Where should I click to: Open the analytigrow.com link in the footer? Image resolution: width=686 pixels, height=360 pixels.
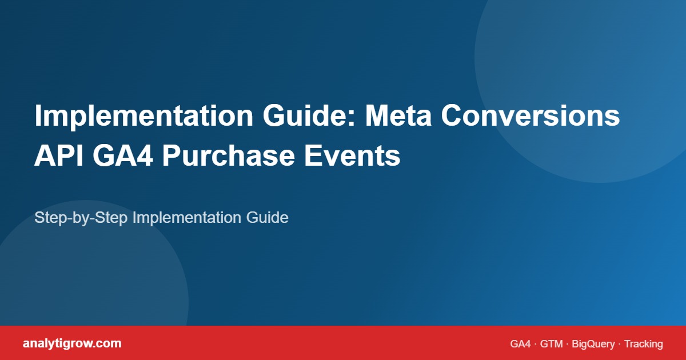tap(72, 343)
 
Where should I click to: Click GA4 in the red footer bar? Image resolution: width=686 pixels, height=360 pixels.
tap(520, 344)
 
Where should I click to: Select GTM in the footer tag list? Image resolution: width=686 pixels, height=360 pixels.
tap(552, 344)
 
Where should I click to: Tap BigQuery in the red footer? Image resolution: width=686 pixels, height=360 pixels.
tap(593, 344)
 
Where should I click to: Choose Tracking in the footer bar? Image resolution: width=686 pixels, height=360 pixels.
tap(644, 344)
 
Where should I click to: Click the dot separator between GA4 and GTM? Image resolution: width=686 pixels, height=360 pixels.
tap(536, 344)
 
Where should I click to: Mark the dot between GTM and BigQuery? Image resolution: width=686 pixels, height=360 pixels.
tap(568, 344)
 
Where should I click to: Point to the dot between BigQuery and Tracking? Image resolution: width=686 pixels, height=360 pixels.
tap(620, 344)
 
